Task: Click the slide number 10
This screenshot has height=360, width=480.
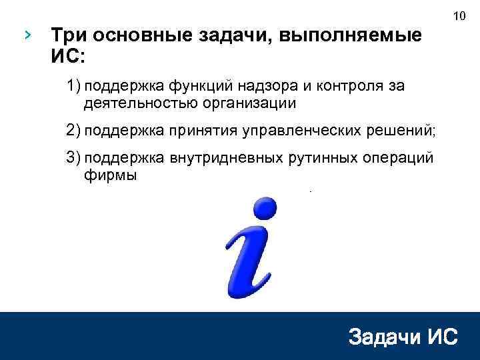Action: coord(458,15)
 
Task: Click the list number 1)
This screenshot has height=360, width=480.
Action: coord(73,86)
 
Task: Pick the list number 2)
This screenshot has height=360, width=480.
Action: coord(73,129)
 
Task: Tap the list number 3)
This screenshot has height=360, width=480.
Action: coord(73,158)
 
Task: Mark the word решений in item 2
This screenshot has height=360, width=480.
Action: coord(404,129)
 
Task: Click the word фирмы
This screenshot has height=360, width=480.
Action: coord(110,175)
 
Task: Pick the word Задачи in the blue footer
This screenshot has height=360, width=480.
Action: coord(383,337)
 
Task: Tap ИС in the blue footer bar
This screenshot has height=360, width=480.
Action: coord(442,337)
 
